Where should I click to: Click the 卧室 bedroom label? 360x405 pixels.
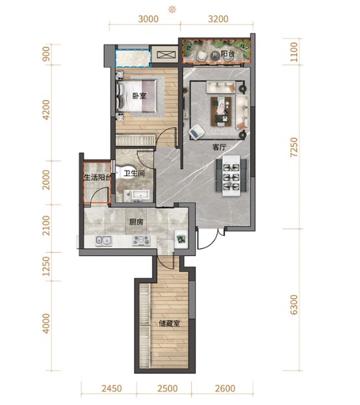click(140, 96)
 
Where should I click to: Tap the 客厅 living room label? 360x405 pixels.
click(219, 147)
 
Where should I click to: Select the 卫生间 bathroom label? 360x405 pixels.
click(135, 173)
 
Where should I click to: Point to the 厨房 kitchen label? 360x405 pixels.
click(136, 222)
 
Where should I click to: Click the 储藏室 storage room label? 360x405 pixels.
click(170, 324)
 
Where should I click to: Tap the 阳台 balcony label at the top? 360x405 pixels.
click(227, 54)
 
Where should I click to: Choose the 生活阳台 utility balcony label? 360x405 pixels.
click(98, 177)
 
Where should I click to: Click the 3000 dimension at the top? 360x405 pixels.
click(148, 19)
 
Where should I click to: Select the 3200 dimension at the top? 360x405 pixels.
click(218, 19)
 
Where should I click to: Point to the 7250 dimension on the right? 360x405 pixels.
click(294, 147)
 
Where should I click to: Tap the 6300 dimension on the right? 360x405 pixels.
click(294, 305)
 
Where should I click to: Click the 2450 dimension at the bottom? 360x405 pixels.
click(112, 388)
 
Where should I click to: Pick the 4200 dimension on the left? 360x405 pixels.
click(47, 110)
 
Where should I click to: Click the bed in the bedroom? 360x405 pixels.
click(136, 96)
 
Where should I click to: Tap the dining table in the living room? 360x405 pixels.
click(231, 176)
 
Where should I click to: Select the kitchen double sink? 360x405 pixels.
click(103, 241)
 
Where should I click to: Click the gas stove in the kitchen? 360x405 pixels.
click(141, 241)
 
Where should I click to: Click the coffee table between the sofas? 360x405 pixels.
click(221, 111)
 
